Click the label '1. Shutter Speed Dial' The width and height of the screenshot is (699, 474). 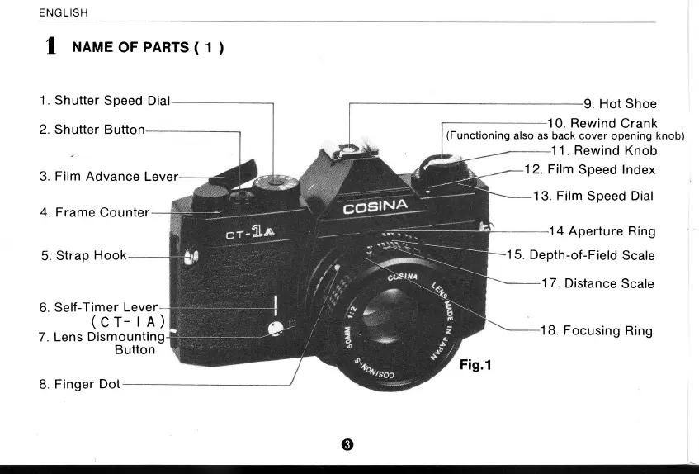[104, 101]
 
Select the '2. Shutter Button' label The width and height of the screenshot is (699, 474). [92, 130]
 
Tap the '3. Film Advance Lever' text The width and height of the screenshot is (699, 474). [108, 176]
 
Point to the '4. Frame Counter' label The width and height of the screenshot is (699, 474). [94, 212]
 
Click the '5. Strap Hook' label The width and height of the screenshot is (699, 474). [83, 255]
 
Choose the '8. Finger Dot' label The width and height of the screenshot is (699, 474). [79, 384]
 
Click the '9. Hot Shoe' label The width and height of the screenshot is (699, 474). [620, 104]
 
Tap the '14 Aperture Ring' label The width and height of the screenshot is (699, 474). [602, 231]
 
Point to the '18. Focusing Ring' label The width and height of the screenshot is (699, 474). [596, 330]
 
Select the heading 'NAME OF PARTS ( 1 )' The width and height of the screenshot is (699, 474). [149, 48]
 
